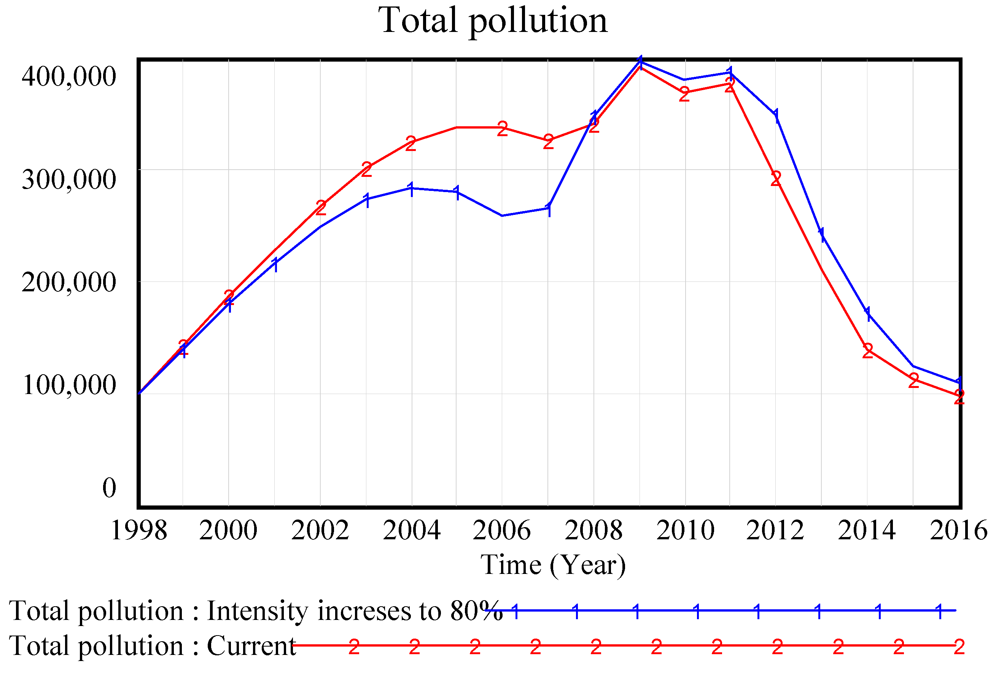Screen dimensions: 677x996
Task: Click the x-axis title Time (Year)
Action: point(553,565)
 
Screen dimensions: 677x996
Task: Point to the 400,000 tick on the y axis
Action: point(68,76)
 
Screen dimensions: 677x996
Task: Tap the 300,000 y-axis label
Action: point(68,179)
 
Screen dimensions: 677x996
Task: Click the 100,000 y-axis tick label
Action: point(68,385)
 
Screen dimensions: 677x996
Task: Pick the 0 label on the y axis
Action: point(109,488)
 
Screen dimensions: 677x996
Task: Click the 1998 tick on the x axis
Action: point(139,531)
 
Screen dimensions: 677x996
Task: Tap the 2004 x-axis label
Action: point(411,531)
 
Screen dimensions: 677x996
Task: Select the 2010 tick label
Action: point(685,531)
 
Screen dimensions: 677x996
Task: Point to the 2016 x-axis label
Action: point(958,531)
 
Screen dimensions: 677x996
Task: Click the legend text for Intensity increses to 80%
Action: point(255,610)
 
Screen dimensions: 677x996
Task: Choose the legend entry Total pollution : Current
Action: point(152,646)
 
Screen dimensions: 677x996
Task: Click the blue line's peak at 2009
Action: point(640,61)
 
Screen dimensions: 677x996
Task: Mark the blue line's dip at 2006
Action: point(502,216)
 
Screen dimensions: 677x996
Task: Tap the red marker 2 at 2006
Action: point(502,129)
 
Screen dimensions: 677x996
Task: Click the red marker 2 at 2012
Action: point(776,179)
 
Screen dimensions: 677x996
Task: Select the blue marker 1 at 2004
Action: point(411,189)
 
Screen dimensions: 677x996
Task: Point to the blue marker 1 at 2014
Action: point(868,314)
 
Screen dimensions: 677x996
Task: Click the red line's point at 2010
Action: point(684,92)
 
